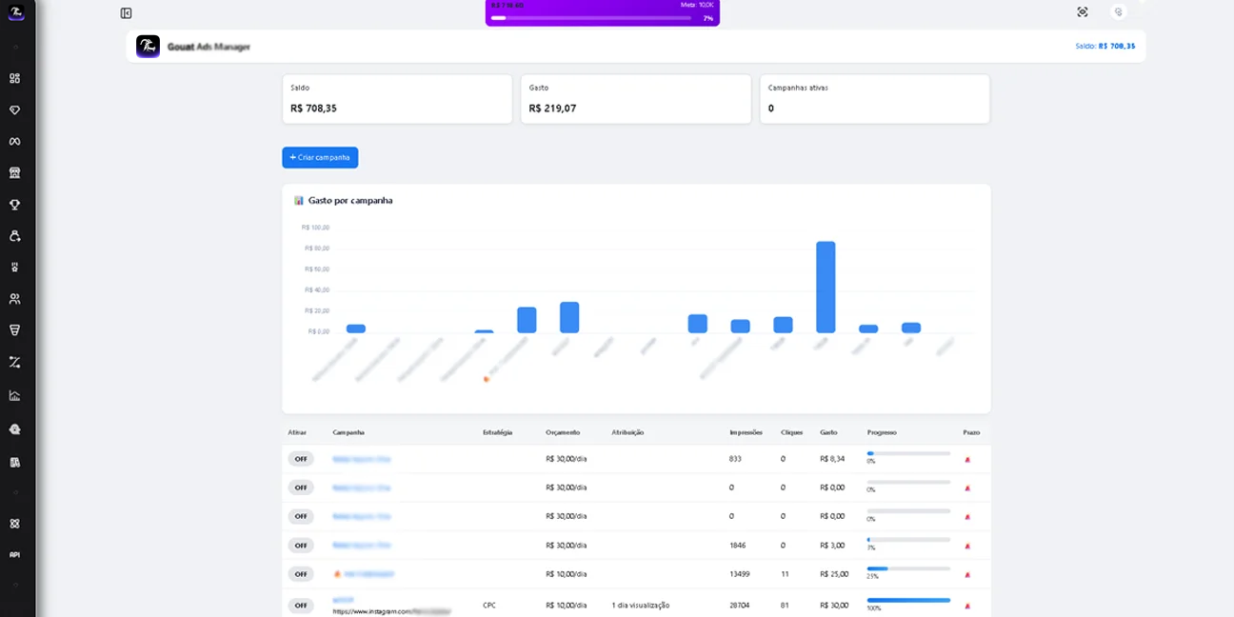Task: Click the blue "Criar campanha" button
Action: [320, 157]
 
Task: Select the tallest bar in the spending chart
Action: [826, 287]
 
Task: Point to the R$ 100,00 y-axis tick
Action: [315, 228]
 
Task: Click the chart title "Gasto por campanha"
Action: [349, 201]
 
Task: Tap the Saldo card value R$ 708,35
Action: [313, 109]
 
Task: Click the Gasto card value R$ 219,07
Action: [552, 109]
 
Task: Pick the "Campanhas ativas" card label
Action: [798, 88]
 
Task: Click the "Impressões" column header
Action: [746, 432]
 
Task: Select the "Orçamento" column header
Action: [563, 432]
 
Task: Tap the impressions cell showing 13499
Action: [740, 574]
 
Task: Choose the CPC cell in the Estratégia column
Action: [489, 605]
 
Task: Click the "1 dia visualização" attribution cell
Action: [641, 605]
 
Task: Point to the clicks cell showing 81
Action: [785, 605]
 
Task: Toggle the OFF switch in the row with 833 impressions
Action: [301, 459]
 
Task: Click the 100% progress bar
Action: [908, 600]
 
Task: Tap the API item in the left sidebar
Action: [14, 554]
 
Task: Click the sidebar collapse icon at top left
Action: [126, 13]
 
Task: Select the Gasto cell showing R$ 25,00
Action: [834, 574]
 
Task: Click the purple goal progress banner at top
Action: [602, 12]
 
